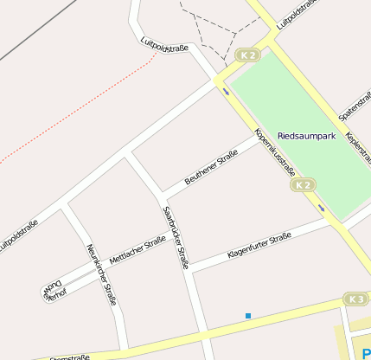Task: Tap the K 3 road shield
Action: click(x=355, y=299)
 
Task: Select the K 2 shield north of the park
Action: click(x=248, y=55)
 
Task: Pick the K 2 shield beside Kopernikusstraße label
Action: click(x=303, y=185)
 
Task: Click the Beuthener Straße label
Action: click(x=211, y=168)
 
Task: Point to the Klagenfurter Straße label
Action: click(x=259, y=247)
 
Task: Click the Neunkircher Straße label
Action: click(x=101, y=275)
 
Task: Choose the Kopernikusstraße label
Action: click(x=275, y=151)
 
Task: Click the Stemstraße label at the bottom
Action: click(x=69, y=356)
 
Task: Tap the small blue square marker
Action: click(x=248, y=316)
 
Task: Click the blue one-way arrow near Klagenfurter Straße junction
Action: click(x=321, y=208)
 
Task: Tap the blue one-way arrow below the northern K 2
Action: click(x=226, y=89)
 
